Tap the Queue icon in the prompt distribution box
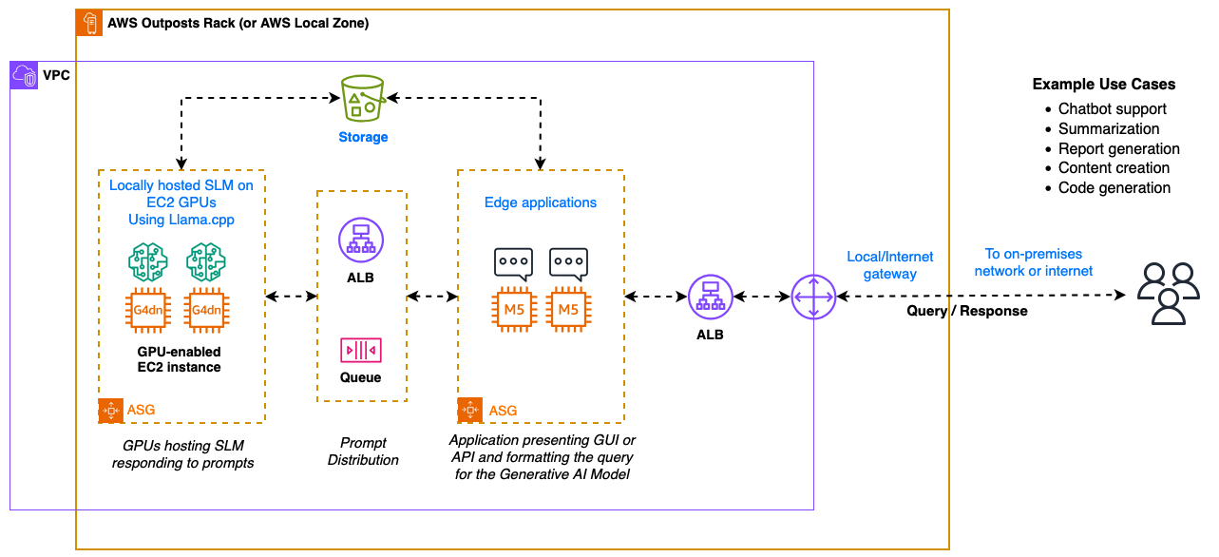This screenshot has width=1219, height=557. point(361,350)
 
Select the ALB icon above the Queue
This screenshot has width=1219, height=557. point(361,240)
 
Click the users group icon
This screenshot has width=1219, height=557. point(1168,294)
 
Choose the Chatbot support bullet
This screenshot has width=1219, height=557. point(1112,108)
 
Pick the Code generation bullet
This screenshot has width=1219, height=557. point(1114,187)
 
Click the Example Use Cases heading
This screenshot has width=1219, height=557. point(1103,84)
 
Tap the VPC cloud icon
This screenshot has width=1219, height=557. point(24,75)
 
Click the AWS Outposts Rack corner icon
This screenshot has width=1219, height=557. point(90,23)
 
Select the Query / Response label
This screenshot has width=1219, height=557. point(966,311)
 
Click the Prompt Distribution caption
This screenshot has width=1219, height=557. point(363,451)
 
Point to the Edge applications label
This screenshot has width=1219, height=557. point(541,202)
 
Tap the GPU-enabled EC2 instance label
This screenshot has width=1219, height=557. point(179,359)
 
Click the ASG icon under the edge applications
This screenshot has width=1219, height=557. point(470,410)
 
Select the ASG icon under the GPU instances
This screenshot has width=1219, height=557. point(111,410)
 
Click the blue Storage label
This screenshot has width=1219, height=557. point(363,137)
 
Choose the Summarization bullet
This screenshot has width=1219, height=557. point(1108,128)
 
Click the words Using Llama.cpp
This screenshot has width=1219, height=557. point(181,220)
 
